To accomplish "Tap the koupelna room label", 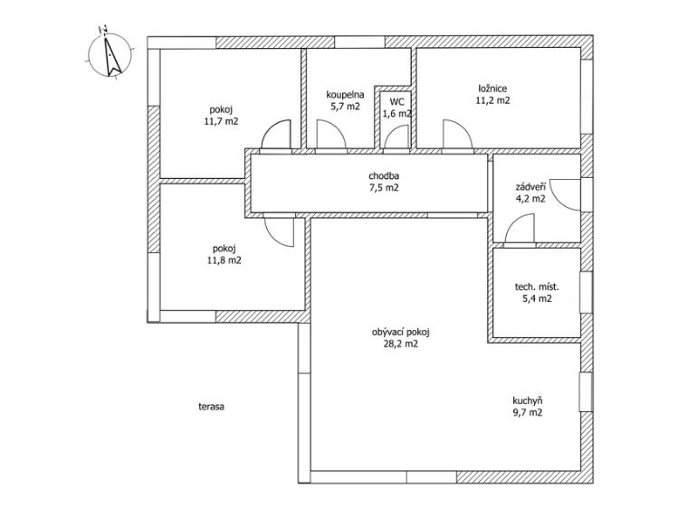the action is [345, 95].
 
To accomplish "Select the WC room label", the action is [397, 102].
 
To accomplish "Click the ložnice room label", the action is [492, 89].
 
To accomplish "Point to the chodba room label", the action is [384, 176].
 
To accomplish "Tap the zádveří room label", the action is [530, 187].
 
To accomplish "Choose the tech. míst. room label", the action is [537, 287].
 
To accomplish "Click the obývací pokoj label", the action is [400, 333].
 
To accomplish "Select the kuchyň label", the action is [527, 400].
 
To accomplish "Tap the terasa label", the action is [211, 407].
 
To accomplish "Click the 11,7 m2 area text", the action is [221, 122].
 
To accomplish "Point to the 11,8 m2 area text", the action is [224, 260].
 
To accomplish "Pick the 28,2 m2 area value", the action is [400, 344].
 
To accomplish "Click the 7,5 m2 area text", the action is [384, 188].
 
